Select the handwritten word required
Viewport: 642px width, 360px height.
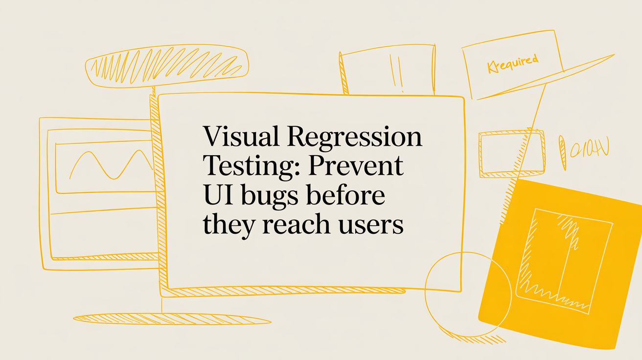tap(513, 64)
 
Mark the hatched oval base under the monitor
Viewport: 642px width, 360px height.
tap(165, 318)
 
